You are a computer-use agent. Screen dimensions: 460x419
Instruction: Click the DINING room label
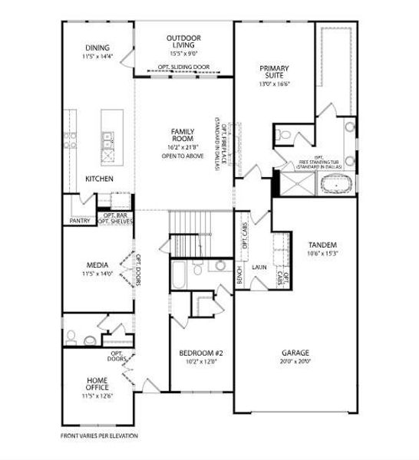click(x=97, y=48)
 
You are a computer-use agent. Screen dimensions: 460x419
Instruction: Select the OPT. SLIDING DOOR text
click(x=184, y=67)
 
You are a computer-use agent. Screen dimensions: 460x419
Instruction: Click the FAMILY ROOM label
click(x=182, y=135)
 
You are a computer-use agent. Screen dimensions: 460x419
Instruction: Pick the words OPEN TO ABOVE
click(x=182, y=156)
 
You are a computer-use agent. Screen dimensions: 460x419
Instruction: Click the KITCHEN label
click(x=99, y=179)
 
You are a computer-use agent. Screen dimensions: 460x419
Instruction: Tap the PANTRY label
click(x=80, y=221)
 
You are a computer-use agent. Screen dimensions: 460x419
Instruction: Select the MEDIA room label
click(x=97, y=264)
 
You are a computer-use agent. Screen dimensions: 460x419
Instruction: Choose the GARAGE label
click(x=295, y=353)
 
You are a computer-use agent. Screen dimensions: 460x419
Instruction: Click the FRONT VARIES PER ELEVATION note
click(x=99, y=435)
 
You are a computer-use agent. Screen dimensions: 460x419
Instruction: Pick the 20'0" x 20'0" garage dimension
click(x=295, y=361)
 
